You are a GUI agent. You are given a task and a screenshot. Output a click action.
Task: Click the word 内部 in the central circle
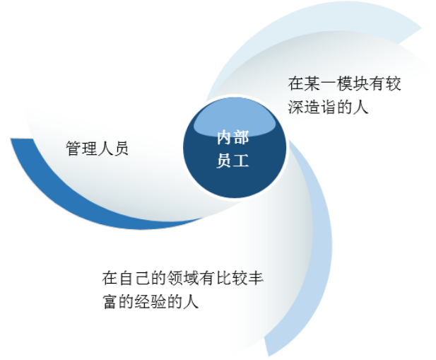(x=232, y=137)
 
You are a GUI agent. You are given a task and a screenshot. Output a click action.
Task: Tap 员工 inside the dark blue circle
(x=232, y=161)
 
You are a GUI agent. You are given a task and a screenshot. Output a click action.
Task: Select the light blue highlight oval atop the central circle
(x=235, y=117)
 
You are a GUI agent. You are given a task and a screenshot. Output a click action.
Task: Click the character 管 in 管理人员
(x=73, y=148)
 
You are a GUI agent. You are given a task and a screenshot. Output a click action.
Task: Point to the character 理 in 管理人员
(x=89, y=148)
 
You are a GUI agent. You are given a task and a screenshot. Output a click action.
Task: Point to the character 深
(x=296, y=107)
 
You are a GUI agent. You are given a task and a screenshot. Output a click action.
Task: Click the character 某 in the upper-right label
(x=312, y=83)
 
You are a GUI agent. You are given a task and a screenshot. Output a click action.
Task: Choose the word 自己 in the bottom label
(x=134, y=278)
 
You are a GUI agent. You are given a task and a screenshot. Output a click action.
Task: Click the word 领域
(x=183, y=278)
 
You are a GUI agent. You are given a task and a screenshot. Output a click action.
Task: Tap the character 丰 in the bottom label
(x=256, y=278)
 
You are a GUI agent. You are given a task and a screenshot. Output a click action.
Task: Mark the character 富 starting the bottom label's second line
(x=110, y=301)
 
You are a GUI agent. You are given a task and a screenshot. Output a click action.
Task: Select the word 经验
(x=151, y=301)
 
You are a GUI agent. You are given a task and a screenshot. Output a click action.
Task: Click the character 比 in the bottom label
(x=223, y=278)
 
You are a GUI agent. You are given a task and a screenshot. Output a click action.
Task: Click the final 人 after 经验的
(x=192, y=301)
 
